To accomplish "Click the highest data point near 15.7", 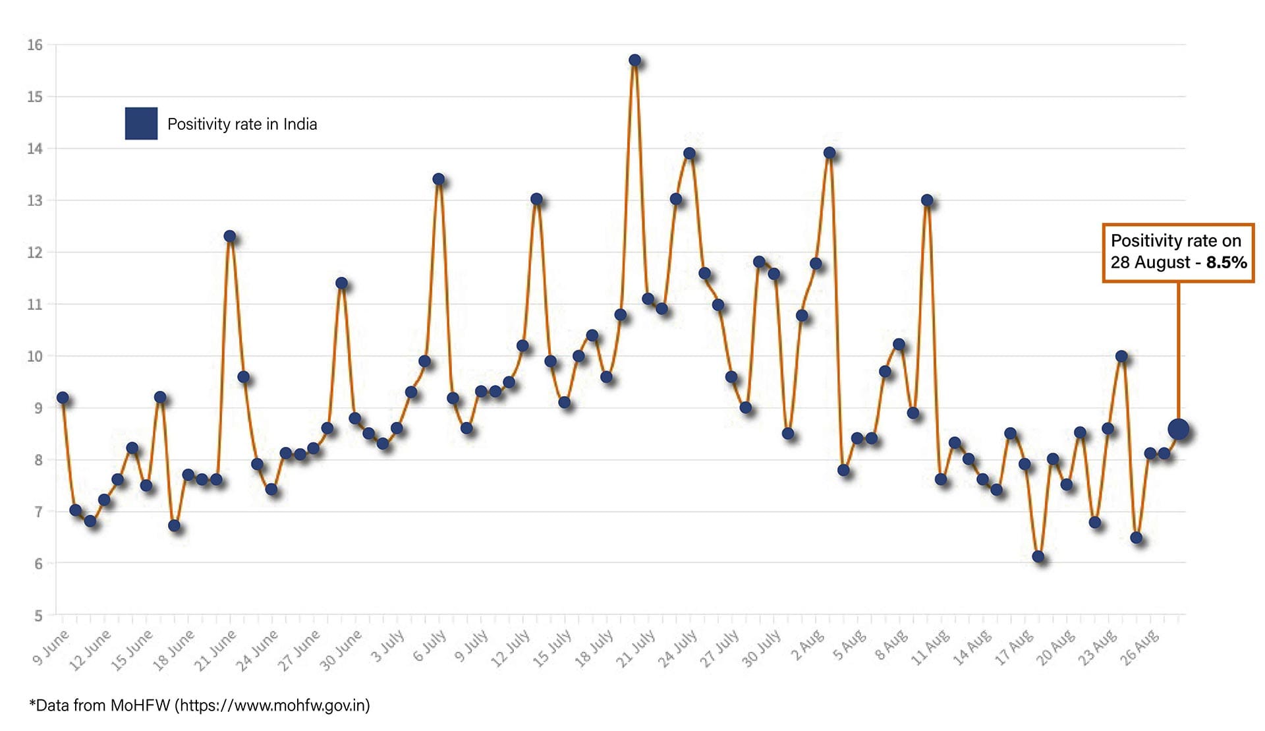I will click(x=634, y=60).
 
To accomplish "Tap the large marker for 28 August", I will click(x=1178, y=430).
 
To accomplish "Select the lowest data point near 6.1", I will click(x=1038, y=556).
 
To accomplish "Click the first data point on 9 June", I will click(x=63, y=397).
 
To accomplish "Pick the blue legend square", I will click(x=141, y=123).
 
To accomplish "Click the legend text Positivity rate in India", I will click(x=242, y=124).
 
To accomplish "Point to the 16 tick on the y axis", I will click(x=35, y=45).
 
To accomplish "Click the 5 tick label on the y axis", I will click(x=38, y=616).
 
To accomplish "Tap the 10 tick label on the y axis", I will click(x=35, y=356).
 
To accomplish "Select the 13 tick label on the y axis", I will click(x=35, y=200).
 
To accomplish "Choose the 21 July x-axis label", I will click(x=636, y=648).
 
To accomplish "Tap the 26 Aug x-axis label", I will click(x=1140, y=648).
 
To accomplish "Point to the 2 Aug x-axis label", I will click(x=808, y=645).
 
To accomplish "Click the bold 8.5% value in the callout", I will click(x=1226, y=262).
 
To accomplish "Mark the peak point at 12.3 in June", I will click(x=229, y=236).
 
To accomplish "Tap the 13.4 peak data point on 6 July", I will click(x=438, y=179).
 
